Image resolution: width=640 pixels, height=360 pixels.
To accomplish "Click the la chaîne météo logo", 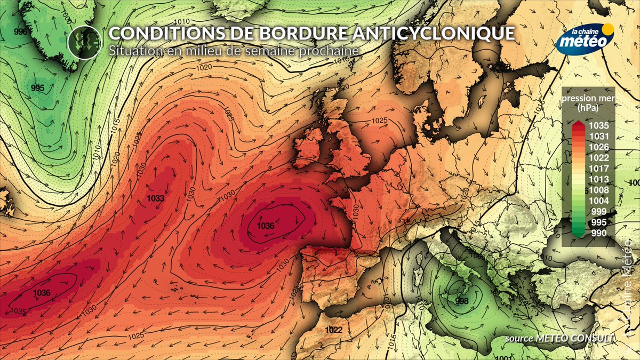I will pos(585,38).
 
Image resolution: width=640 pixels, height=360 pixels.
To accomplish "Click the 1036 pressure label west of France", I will pos(266,226).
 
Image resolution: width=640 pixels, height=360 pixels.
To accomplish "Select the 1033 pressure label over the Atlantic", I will pos(155,198).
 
